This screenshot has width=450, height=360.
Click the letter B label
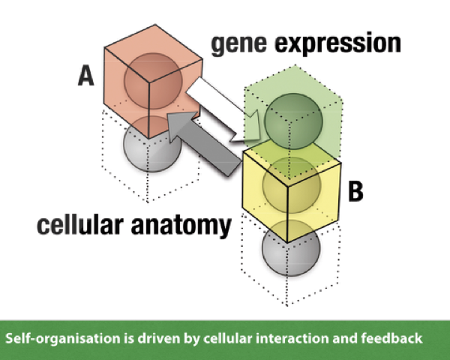[x=356, y=191]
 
